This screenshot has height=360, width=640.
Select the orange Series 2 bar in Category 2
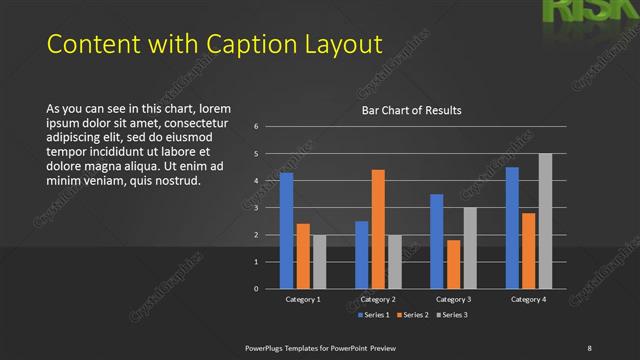click(378, 229)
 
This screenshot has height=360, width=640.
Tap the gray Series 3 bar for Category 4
click(545, 221)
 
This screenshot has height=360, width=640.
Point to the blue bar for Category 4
click(512, 228)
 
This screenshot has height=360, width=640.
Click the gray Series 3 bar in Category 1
click(319, 262)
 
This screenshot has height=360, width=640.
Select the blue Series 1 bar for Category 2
click(361, 255)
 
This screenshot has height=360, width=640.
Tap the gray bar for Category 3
click(470, 248)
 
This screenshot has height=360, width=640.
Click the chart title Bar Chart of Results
click(411, 110)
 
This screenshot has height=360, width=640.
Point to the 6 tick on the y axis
click(257, 127)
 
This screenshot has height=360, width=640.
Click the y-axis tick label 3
click(257, 208)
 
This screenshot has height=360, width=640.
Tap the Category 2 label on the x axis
click(378, 299)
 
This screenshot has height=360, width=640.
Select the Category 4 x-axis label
click(528, 299)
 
